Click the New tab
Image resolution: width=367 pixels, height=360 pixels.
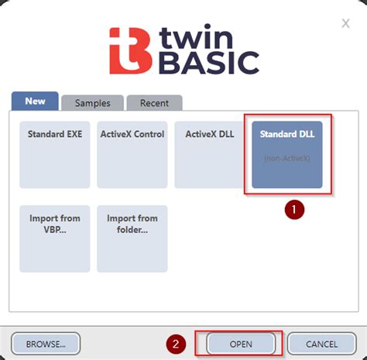(x=35, y=101)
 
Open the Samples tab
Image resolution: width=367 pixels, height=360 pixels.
(x=92, y=103)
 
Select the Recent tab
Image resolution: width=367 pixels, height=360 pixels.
(x=154, y=103)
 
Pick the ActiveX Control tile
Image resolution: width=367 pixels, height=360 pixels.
(x=132, y=154)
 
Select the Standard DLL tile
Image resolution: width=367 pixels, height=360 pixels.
(x=287, y=154)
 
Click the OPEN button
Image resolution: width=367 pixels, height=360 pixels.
(x=241, y=344)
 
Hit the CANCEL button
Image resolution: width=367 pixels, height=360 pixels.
(x=321, y=344)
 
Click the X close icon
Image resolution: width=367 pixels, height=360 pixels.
(x=345, y=24)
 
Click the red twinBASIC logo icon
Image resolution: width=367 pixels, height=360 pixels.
(x=125, y=51)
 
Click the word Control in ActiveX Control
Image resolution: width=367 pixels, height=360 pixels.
(x=148, y=134)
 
